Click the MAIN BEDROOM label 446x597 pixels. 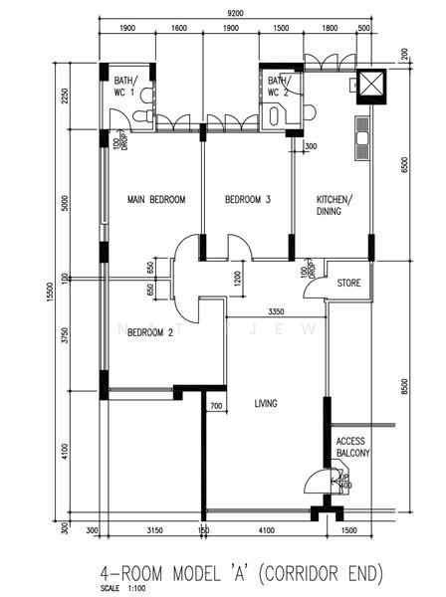click(x=156, y=200)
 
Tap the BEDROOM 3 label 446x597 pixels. click(x=247, y=200)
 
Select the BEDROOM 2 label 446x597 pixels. click(x=149, y=333)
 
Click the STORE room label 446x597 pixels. click(x=348, y=282)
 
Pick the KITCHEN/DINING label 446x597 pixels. click(x=334, y=205)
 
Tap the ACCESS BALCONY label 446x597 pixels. click(x=352, y=446)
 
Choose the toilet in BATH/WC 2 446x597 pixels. click(x=275, y=115)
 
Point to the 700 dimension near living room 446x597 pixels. click(x=215, y=405)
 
